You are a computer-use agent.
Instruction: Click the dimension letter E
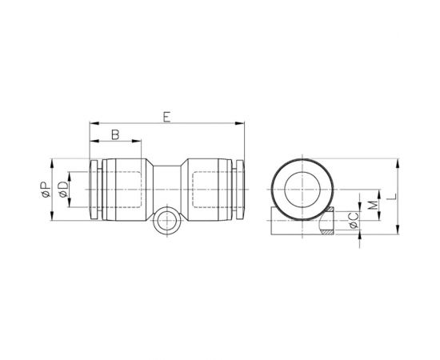pyautogui.click(x=166, y=117)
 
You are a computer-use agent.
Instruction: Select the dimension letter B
pyautogui.click(x=115, y=135)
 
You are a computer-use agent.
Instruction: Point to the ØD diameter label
pyautogui.click(x=62, y=190)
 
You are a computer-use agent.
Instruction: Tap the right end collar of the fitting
pyautogui.click(x=238, y=190)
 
